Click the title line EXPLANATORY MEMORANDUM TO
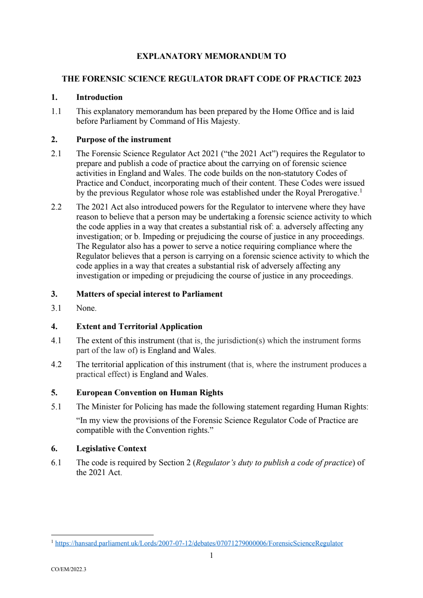(211, 56)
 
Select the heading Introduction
(99, 97)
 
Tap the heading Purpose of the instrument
(123, 140)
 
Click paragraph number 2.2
(56, 207)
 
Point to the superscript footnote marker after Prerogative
(361, 191)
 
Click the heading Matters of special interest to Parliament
(149, 294)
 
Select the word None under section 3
(86, 308)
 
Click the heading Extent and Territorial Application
(139, 327)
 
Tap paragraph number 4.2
(56, 365)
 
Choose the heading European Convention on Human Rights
(149, 393)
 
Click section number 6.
(54, 449)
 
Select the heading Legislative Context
(111, 449)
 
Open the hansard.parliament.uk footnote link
(199, 543)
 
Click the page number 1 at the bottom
(211, 555)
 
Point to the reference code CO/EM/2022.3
(68, 569)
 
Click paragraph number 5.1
(56, 407)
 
